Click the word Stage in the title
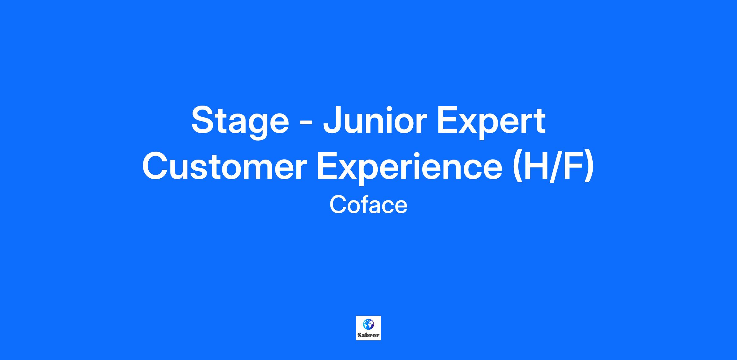(x=240, y=122)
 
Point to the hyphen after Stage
(x=306, y=123)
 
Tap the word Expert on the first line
(x=491, y=122)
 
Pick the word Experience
(x=409, y=168)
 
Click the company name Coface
(x=368, y=205)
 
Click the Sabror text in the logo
(x=368, y=335)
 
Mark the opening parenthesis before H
(x=518, y=168)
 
